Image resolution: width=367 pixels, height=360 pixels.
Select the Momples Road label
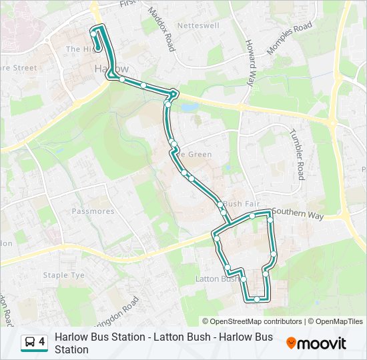(289, 38)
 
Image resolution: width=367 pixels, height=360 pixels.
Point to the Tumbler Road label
(297, 154)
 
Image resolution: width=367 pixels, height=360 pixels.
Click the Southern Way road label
(298, 214)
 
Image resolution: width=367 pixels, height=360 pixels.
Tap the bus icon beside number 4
(30, 342)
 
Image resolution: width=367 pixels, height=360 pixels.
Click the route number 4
(42, 342)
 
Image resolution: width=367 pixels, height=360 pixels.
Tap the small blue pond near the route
(189, 107)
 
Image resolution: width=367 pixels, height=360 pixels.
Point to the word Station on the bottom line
(71, 349)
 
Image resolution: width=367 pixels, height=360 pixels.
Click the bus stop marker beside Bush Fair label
(219, 204)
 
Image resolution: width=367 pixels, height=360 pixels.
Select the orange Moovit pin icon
(292, 343)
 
